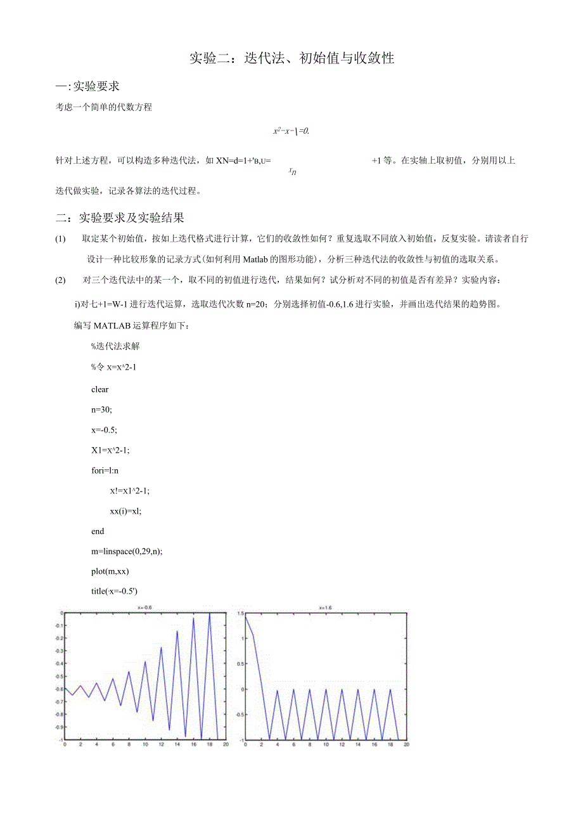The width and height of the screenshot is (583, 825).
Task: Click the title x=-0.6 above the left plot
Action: point(144,607)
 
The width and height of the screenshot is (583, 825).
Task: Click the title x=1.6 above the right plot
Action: point(325,607)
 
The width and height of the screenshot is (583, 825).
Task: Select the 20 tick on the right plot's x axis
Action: point(406,744)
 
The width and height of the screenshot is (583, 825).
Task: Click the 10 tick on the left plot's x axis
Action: point(144,744)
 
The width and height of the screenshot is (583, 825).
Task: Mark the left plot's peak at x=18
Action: point(209,613)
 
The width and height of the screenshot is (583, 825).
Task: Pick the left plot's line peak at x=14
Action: point(177,632)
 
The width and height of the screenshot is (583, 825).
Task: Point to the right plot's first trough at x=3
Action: point(269,739)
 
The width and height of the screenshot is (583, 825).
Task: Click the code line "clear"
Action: point(99,389)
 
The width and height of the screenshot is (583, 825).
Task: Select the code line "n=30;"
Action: point(101,410)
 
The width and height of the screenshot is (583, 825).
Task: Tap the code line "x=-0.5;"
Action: point(104,429)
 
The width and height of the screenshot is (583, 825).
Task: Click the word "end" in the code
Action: point(98,531)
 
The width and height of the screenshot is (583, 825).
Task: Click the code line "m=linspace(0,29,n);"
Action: point(127,551)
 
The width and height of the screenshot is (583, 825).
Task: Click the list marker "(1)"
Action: point(60,239)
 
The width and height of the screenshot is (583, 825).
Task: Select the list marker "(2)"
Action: point(60,280)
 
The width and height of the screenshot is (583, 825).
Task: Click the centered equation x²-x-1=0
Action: point(290,131)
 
